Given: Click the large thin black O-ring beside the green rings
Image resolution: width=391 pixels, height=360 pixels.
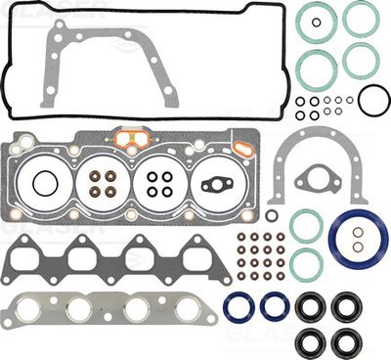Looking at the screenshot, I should pyautogui.click(x=373, y=99).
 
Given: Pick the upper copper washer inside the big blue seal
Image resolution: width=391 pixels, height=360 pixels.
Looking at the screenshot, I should pyautogui.click(x=358, y=232).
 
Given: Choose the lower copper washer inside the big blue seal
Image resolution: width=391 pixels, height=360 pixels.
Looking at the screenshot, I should pyautogui.click(x=358, y=246).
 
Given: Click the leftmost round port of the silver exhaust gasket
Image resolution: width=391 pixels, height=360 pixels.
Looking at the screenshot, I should pyautogui.click(x=39, y=310).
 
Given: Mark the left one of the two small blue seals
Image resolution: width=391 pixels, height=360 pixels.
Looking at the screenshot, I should pyautogui.click(x=239, y=306).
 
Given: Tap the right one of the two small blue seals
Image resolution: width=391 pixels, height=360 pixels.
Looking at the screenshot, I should pyautogui.click(x=275, y=306).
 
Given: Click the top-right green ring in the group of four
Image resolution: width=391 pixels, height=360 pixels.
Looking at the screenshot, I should pyautogui.click(x=361, y=18).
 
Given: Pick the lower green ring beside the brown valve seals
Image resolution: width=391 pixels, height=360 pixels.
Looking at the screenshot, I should pyautogui.click(x=306, y=261).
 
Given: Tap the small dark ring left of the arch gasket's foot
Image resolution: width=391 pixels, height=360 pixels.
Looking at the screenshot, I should pyautogui.click(x=271, y=214).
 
